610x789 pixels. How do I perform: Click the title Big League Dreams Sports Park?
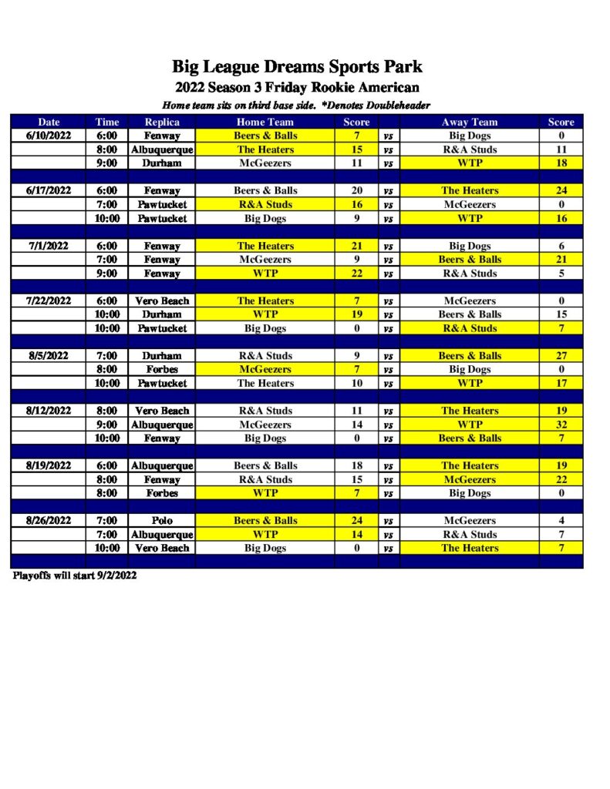tap(297, 67)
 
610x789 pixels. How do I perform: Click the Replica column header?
tap(162, 122)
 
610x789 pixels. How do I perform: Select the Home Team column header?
tap(265, 122)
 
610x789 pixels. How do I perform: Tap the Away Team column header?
tap(470, 122)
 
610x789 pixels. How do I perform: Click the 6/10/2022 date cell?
tap(49, 136)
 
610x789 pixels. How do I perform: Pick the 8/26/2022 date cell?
tap(49, 521)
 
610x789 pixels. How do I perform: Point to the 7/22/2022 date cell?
tap(49, 300)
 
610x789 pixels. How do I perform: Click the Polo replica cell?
tap(162, 521)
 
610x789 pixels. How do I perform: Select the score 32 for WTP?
tap(561, 425)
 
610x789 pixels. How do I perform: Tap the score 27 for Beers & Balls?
tap(561, 356)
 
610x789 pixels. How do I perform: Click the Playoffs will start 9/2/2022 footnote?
tap(75, 576)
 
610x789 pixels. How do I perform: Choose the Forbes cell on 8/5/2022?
tap(162, 370)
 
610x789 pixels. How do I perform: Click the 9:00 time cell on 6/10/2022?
tap(107, 163)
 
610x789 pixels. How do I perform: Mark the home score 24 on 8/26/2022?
tap(356, 521)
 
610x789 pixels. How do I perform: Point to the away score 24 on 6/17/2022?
tap(561, 190)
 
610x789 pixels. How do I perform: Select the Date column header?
tap(49, 122)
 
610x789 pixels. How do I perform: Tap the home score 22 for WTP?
tap(356, 274)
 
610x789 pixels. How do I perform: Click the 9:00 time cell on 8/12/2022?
tap(107, 425)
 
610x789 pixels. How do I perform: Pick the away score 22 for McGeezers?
tap(561, 479)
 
